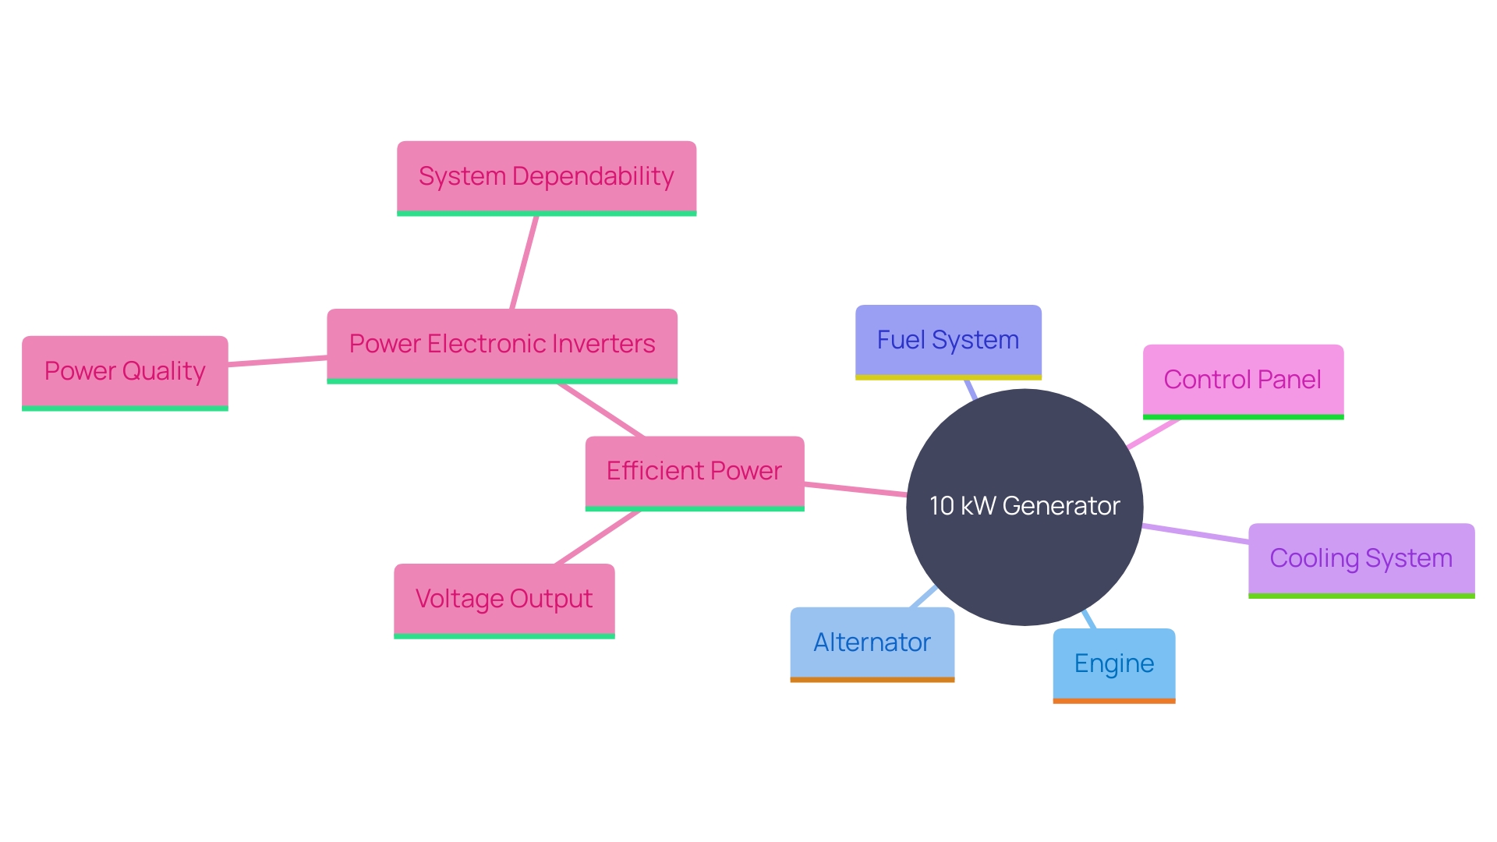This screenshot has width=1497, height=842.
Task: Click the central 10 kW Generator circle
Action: pyautogui.click(x=1025, y=507)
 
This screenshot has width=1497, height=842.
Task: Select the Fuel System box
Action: pyautogui.click(x=948, y=341)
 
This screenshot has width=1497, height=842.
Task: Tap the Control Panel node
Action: pyautogui.click(x=1243, y=380)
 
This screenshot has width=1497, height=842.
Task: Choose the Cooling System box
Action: pyautogui.click(x=1361, y=558)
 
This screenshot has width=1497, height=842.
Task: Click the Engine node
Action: pyautogui.click(x=1113, y=663)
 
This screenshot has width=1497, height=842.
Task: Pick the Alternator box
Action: pyautogui.click(x=872, y=642)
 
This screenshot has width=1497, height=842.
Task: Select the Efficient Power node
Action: pyautogui.click(x=694, y=471)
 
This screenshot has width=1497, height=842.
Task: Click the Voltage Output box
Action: pyautogui.click(x=504, y=599)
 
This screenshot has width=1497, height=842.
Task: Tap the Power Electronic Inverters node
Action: pyautogui.click(x=501, y=344)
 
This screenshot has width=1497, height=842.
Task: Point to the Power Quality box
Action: pyautogui.click(x=125, y=371)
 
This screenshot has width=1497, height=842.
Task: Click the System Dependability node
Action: pyautogui.click(x=546, y=176)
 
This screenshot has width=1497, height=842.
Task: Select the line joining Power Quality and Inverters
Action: pyautogui.click(x=278, y=360)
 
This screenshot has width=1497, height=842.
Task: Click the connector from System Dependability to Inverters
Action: pyautogui.click(x=524, y=263)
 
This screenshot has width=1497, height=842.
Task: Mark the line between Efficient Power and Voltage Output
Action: pyautogui.click(x=597, y=537)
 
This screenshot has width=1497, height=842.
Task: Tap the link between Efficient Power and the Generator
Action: pyautogui.click(x=855, y=490)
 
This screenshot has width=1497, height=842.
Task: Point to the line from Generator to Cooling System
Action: pyautogui.click(x=1195, y=534)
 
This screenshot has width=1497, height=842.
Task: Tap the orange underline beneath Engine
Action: pyautogui.click(x=1113, y=701)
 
